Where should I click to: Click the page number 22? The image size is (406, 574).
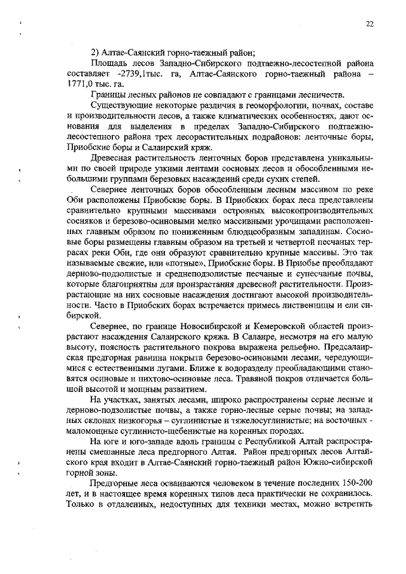[x=369, y=23]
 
